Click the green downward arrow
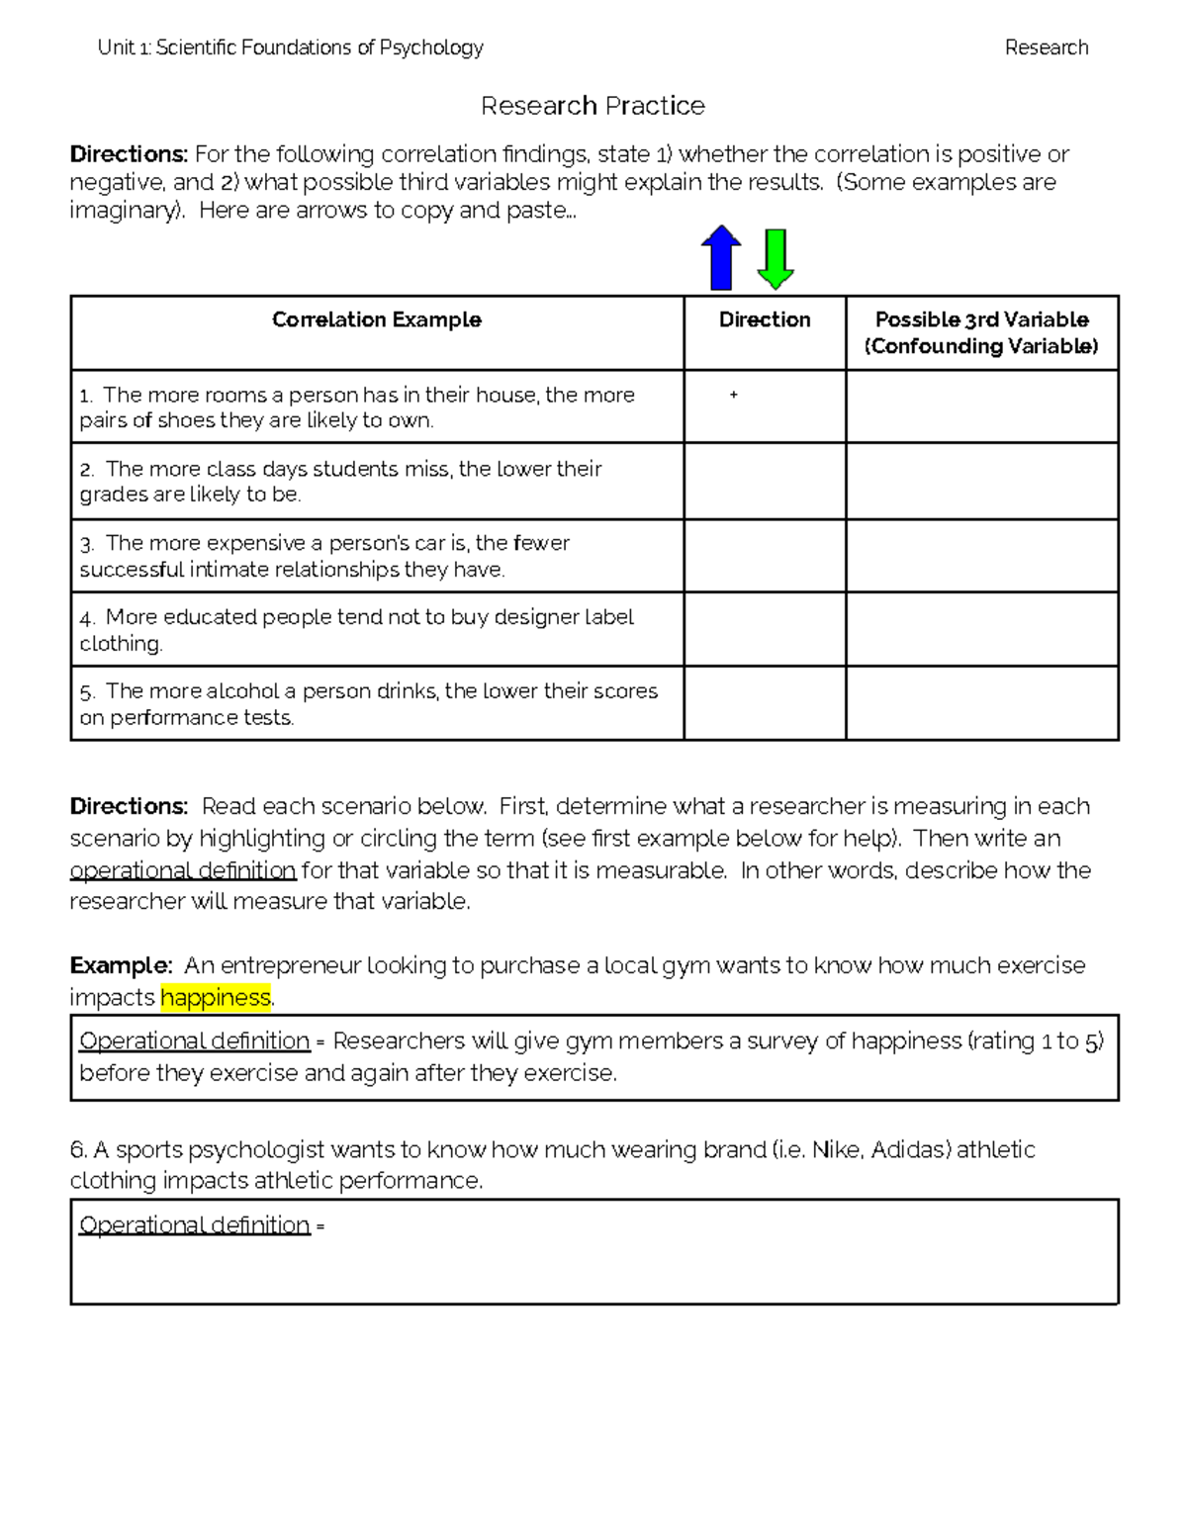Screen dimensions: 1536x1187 click(x=776, y=258)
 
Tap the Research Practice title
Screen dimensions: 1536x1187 click(x=593, y=106)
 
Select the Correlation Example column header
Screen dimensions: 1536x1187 click(x=376, y=319)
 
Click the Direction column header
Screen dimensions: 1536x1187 click(x=765, y=319)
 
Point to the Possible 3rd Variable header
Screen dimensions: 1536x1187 click(x=981, y=332)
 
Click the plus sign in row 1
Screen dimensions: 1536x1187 click(x=733, y=395)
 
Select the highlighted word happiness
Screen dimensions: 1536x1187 click(x=215, y=997)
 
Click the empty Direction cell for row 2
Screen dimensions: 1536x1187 click(x=765, y=481)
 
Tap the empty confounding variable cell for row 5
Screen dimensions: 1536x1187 click(x=981, y=703)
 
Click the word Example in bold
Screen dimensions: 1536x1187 click(x=120, y=965)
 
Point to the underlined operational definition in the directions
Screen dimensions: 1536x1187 click(x=183, y=870)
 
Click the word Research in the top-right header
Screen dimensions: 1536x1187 click(x=1046, y=47)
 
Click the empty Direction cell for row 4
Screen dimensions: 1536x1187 click(x=765, y=629)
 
